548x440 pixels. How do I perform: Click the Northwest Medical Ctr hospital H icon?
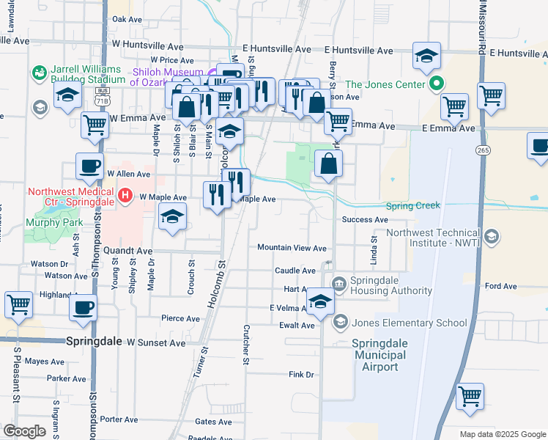(125, 197)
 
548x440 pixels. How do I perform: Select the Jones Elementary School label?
(410, 323)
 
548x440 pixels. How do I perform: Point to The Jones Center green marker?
(437, 84)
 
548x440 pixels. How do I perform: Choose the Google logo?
(24, 431)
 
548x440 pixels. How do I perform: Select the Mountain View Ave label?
(292, 248)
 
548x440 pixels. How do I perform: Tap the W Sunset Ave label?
(156, 342)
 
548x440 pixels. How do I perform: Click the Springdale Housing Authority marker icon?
(339, 284)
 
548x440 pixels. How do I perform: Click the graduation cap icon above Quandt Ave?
(173, 216)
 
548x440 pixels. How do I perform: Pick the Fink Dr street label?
(301, 375)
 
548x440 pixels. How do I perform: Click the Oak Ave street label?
(127, 20)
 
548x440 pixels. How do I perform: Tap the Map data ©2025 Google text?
(501, 434)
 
